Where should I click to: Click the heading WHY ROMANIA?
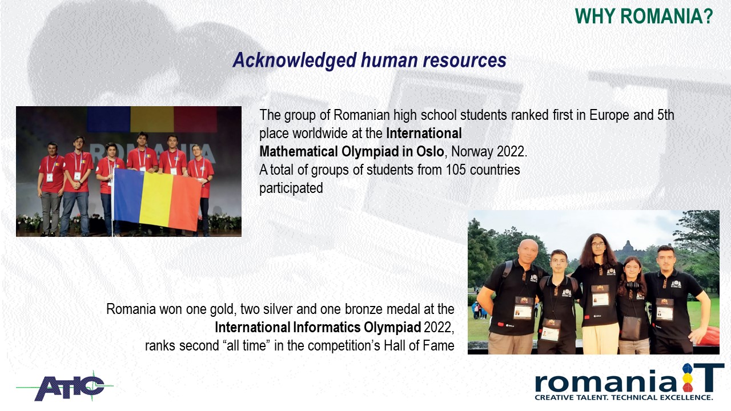pos(644,17)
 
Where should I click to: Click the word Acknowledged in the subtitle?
pos(294,61)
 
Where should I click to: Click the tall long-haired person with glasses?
pos(600,293)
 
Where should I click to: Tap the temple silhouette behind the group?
pos(627,247)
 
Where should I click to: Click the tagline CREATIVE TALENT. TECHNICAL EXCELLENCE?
pos(623,398)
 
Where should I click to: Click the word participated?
pos(291,188)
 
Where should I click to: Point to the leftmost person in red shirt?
pos(51,188)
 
